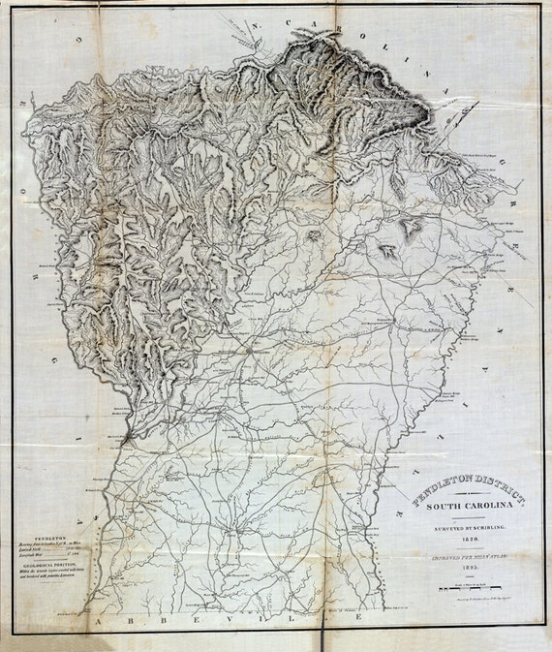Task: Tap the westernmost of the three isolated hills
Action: coord(315,235)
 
